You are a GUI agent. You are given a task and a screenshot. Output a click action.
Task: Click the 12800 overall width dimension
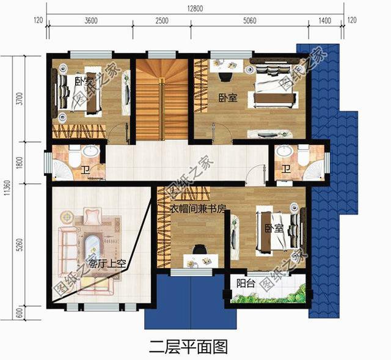(x=195, y=7)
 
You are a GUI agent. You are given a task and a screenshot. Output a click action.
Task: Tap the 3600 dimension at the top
(x=90, y=21)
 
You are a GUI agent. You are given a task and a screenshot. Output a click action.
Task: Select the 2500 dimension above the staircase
(x=161, y=21)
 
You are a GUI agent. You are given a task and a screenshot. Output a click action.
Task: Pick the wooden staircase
(x=161, y=100)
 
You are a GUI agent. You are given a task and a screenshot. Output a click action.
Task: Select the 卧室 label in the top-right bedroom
(x=228, y=97)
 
